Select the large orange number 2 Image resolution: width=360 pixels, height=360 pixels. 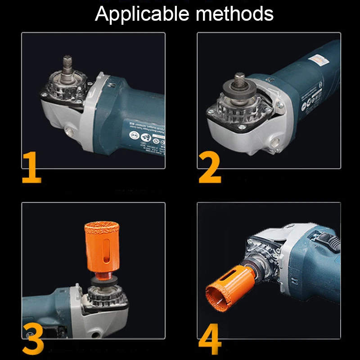pos(210,168)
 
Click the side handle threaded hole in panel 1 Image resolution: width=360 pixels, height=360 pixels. pos(70,130)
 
